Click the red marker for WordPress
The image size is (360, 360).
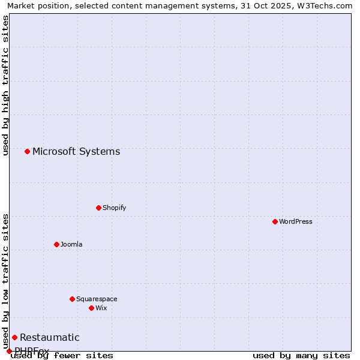pyautogui.click(x=275, y=221)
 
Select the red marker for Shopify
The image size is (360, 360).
pyautogui.click(x=98, y=208)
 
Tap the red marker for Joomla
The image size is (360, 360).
pyautogui.click(x=56, y=244)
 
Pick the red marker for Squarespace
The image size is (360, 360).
pyautogui.click(x=72, y=299)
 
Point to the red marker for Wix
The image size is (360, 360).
pyautogui.click(x=91, y=308)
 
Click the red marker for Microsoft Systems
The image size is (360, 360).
pyautogui.click(x=27, y=151)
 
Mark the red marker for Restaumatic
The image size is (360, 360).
pyautogui.click(x=14, y=337)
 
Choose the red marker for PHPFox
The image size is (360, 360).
pyautogui.click(x=9, y=351)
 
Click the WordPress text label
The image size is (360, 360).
pyautogui.click(x=296, y=221)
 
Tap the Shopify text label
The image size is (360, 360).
pyautogui.click(x=114, y=208)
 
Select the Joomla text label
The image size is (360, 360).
pyautogui.click(x=71, y=244)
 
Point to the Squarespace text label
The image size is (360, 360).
pyautogui.click(x=97, y=299)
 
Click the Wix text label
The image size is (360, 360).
pyautogui.click(x=101, y=308)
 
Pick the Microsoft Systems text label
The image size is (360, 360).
pyautogui.click(x=76, y=151)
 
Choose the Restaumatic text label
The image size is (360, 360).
pyautogui.click(x=50, y=337)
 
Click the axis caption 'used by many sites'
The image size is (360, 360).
pyautogui.click(x=301, y=355)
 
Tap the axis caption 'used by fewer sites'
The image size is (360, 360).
pyautogui.click(x=62, y=355)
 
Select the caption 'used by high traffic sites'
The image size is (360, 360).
pyautogui.click(x=5, y=85)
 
